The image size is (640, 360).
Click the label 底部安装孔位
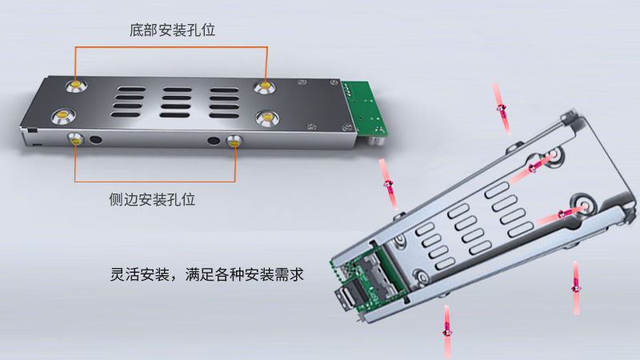coord(172,31)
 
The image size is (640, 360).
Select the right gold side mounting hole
coord(234,142)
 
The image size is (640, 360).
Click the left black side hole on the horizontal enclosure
coord(98,141)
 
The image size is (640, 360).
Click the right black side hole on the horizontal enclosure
coord(213,142)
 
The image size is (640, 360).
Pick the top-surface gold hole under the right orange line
coord(264,86)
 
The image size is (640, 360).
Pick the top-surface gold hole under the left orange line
coord(76,83)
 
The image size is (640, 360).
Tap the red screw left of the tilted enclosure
coord(388,185)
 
